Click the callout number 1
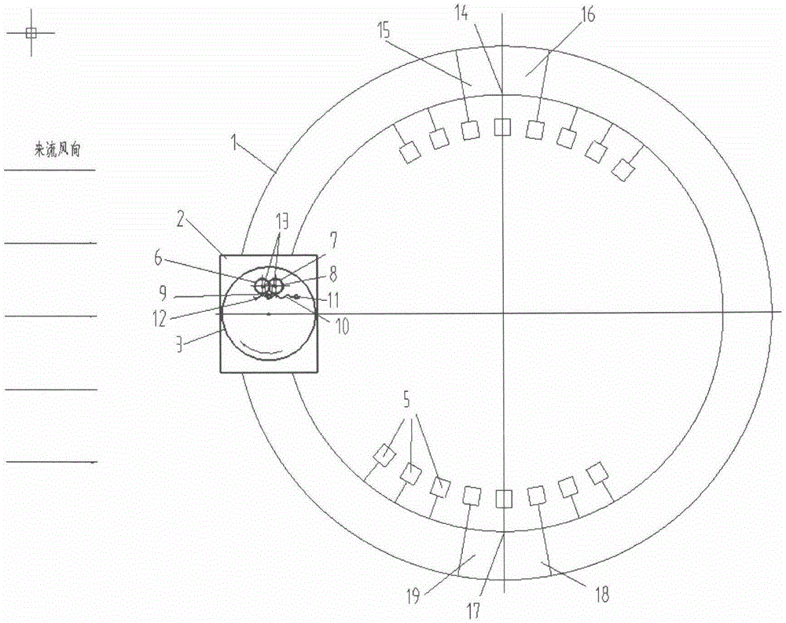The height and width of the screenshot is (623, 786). pos(233,143)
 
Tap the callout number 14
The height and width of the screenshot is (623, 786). pos(461,13)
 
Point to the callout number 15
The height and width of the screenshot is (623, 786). pos(384,31)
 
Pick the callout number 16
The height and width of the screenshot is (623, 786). pos(587,15)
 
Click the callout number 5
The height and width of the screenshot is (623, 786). pos(406,400)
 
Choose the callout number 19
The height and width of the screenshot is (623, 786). pos(413,597)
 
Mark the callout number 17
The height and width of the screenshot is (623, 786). pos(473,610)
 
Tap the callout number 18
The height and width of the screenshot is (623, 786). pos(601,595)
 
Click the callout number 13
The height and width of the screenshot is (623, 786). pos(281,221)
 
